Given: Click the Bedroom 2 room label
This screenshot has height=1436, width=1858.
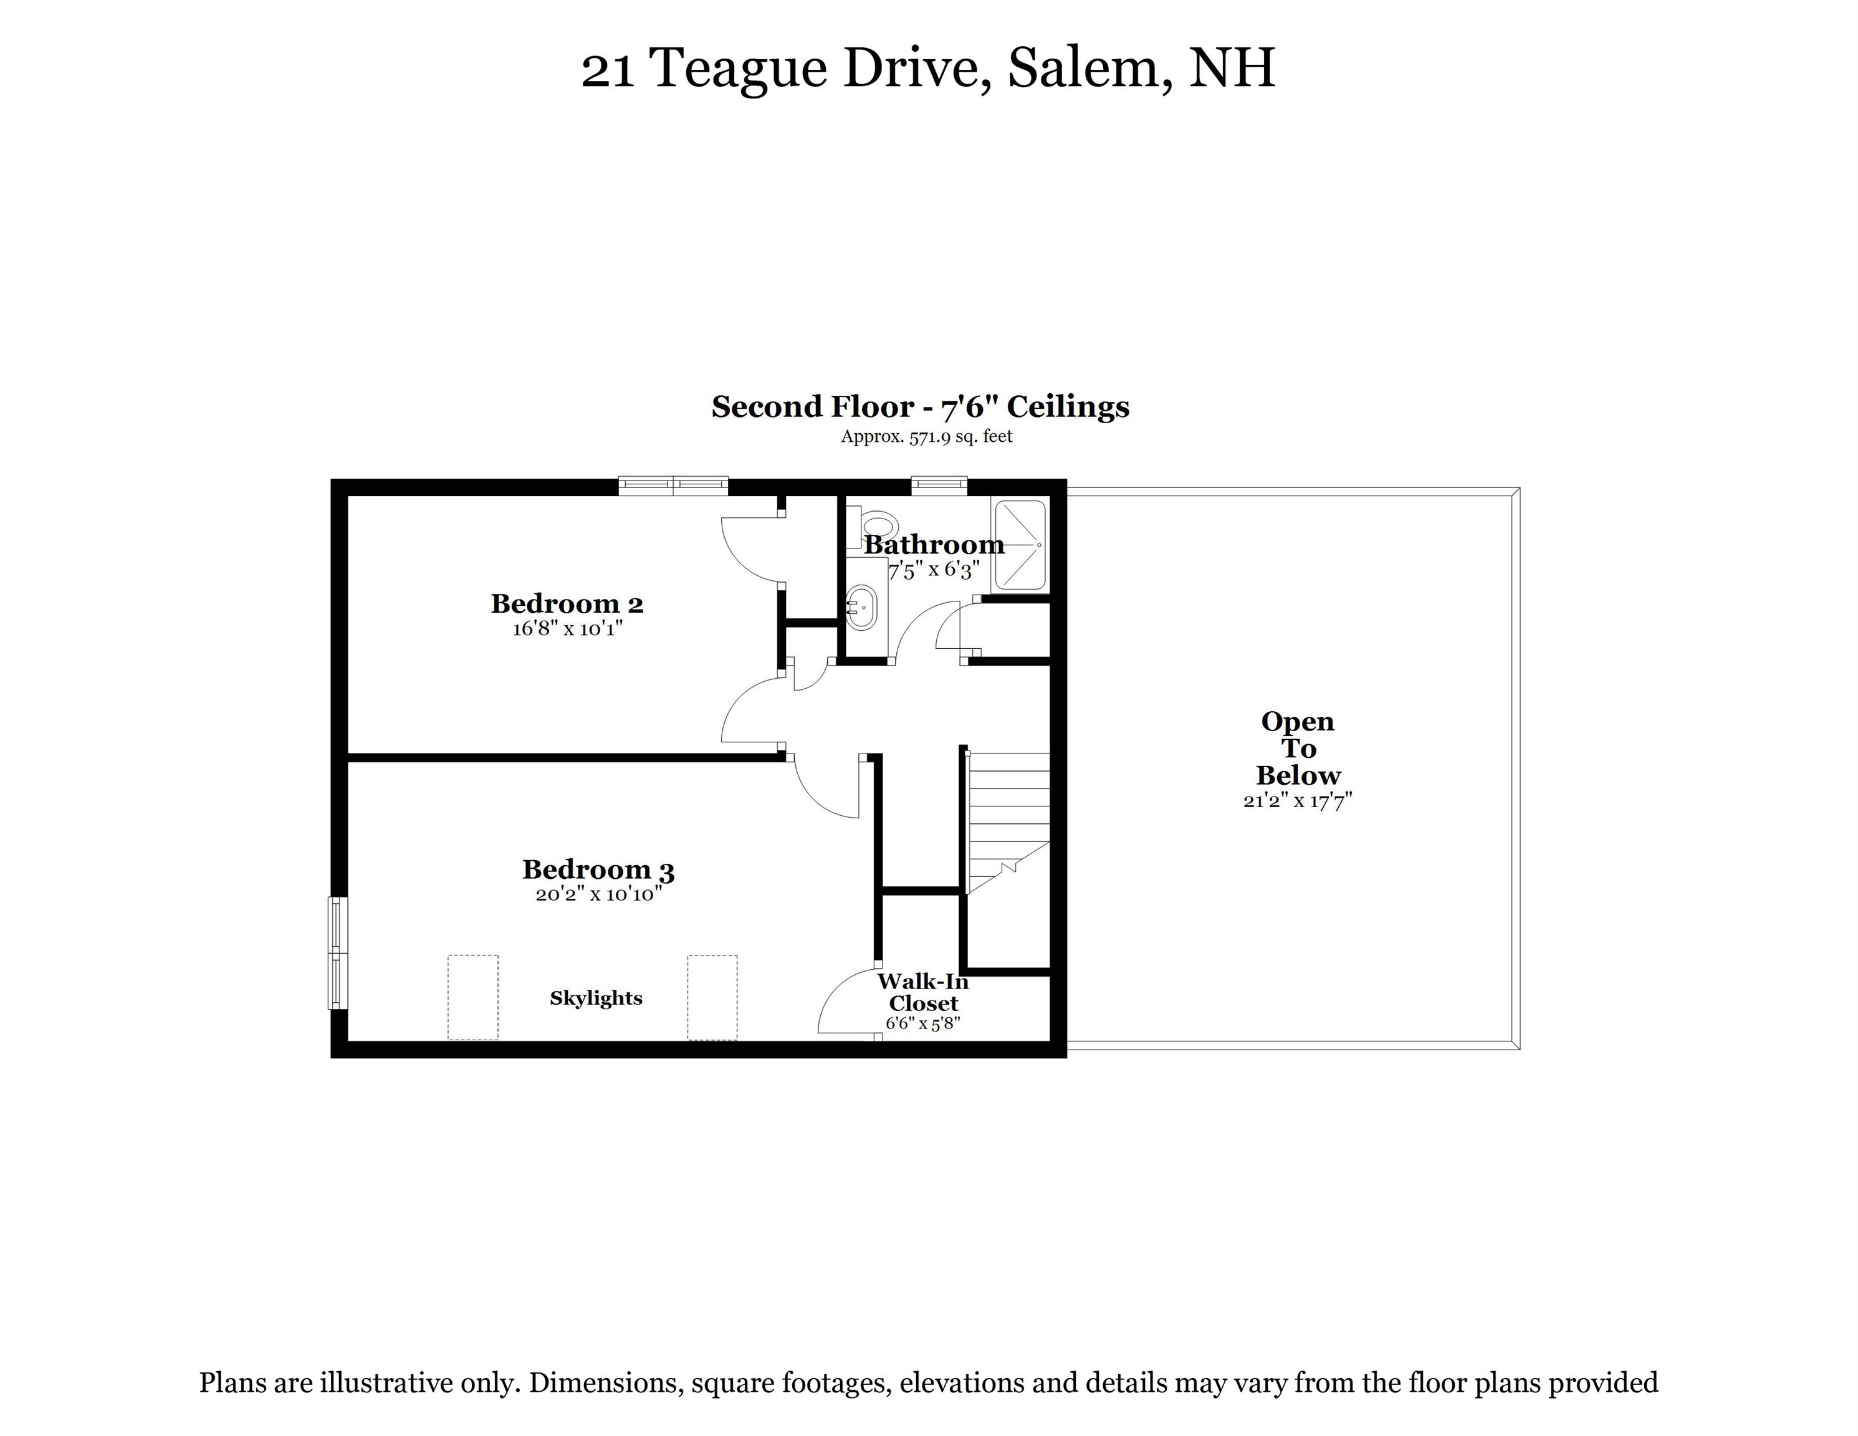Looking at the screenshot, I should (567, 603).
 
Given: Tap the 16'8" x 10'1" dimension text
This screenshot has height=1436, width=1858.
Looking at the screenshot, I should (567, 629).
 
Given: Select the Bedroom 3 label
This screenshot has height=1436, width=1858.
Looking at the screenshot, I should (598, 869).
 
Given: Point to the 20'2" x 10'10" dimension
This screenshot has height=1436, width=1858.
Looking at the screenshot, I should (598, 894).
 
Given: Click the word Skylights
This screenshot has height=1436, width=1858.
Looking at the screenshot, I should (595, 998).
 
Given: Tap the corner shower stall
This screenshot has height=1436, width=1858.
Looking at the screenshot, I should (1019, 545).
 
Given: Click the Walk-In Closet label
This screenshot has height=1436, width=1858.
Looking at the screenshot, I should (923, 993).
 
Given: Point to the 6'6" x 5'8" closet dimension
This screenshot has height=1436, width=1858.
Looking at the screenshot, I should (923, 1023).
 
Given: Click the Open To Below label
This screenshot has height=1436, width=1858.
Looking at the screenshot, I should (1298, 749).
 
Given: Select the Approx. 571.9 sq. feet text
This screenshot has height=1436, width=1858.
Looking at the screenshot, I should (926, 436).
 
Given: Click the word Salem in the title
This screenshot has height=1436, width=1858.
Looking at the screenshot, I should (1083, 68).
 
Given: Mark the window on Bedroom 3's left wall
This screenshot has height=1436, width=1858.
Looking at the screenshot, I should (338, 953).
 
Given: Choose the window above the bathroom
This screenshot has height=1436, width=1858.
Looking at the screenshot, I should (939, 485).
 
